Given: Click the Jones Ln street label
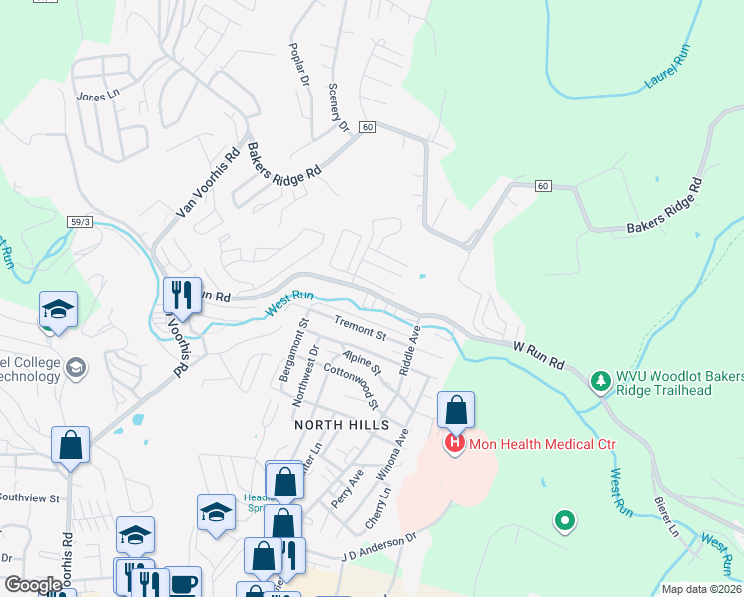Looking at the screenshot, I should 97,96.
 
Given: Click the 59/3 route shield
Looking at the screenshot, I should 81,220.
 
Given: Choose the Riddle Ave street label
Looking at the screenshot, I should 410,350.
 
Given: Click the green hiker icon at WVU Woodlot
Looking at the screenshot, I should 600,381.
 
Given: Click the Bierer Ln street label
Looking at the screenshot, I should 666,517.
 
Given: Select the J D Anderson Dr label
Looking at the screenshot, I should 378,548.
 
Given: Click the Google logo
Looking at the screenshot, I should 33,585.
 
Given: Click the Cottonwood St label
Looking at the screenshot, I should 352,388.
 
